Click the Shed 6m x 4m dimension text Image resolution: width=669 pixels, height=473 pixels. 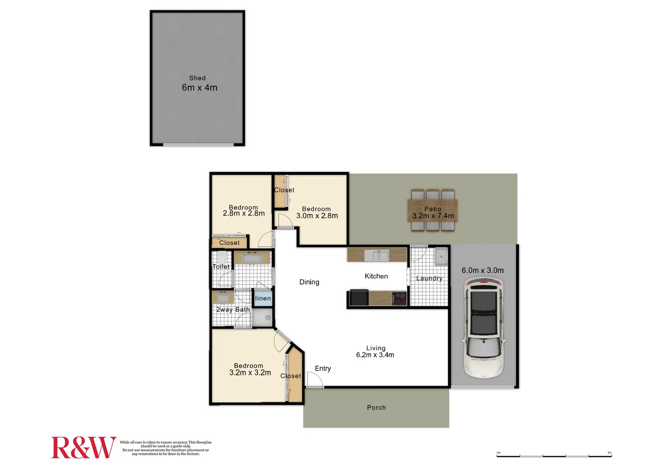199,88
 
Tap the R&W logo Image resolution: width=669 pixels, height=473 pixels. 83,448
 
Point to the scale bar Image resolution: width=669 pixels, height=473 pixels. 554,456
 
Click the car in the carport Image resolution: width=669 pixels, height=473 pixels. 484,328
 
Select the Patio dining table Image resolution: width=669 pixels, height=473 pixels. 433,210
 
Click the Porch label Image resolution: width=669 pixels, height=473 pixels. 376,408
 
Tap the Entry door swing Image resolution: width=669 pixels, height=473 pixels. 314,381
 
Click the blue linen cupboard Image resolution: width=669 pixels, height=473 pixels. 263,298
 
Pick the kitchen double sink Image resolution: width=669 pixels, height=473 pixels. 377,255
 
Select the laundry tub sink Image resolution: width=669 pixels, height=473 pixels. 441,257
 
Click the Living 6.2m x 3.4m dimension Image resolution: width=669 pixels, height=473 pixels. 375,355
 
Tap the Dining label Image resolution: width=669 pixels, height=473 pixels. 309,282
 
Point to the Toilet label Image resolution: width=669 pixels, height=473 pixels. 221,267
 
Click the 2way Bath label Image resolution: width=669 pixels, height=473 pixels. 233,310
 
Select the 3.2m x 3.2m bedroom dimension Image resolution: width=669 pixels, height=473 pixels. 250,373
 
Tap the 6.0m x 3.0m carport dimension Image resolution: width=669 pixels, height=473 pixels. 482,271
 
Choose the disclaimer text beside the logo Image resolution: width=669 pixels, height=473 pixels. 166,448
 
